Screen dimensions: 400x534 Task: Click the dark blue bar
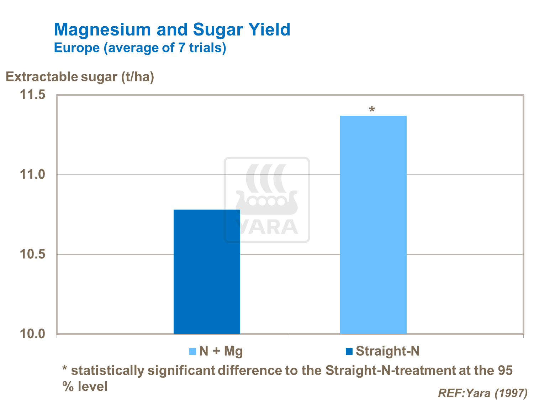(207, 272)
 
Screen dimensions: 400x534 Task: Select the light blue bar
(373, 225)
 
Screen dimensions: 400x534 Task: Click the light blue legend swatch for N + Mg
(192, 352)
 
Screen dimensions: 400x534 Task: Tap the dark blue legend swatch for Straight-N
(349, 352)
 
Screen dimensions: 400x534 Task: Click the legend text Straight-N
(388, 351)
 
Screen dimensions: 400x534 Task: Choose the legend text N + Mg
(221, 351)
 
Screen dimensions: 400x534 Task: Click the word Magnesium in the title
(103, 29)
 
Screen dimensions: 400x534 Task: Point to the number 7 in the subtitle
(182, 48)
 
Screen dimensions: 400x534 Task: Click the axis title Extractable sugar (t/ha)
(80, 77)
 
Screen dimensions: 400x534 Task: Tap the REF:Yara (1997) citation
(482, 393)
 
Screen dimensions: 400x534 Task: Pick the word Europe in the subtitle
(77, 48)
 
